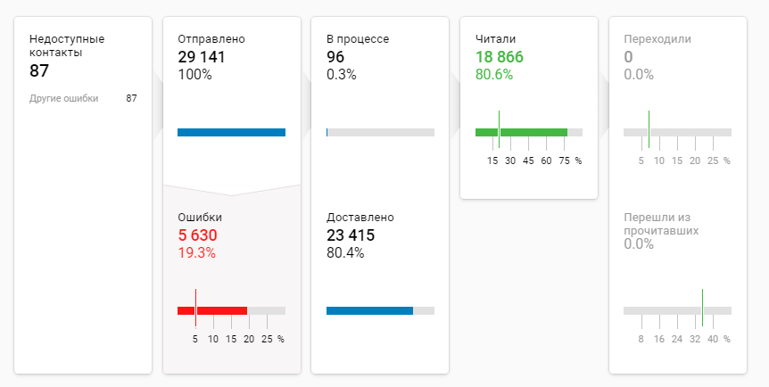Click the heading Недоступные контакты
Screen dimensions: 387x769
pos(66,45)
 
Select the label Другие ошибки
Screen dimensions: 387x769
pos(63,98)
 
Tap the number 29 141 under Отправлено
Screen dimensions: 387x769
pos(201,57)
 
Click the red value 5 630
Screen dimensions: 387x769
pos(197,235)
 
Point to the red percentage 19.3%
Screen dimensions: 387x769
pos(196,253)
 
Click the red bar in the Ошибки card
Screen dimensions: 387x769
pos(212,310)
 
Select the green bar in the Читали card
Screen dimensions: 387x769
pos(521,132)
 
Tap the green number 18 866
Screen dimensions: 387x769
pos(500,57)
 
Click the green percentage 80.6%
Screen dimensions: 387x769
pos(494,75)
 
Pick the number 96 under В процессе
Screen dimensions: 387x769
pos(335,57)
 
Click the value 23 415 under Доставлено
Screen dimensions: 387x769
pos(351,235)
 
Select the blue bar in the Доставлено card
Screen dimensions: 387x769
pos(369,310)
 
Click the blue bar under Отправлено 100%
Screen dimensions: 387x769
pos(231,132)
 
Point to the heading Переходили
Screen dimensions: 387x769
pos(658,39)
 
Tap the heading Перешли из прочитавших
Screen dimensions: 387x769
pos(661,224)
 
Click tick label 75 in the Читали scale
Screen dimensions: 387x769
pos(564,161)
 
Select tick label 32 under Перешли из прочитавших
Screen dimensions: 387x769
pos(694,339)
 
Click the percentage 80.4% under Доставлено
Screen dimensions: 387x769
pos(345,253)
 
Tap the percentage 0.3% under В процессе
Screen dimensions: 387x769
pos(341,75)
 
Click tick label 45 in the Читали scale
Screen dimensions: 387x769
pos(528,161)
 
